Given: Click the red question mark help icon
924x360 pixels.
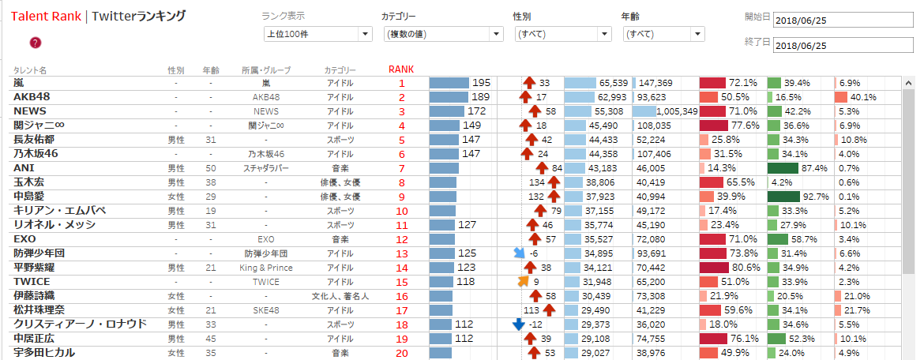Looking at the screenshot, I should click(35, 43).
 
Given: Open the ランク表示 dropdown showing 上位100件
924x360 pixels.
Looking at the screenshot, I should click(317, 34).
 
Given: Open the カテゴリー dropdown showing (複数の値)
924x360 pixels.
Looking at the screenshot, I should click(442, 34).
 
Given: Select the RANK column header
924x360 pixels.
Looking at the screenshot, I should click(401, 69).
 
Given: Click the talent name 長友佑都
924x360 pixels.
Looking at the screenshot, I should click(35, 140).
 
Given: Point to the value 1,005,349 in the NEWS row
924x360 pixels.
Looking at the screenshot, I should click(671, 111).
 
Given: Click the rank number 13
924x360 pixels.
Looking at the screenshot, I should click(401, 253).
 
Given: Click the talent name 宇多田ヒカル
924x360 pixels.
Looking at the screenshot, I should click(44, 353).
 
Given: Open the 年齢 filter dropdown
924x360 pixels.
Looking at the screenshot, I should click(663, 34).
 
